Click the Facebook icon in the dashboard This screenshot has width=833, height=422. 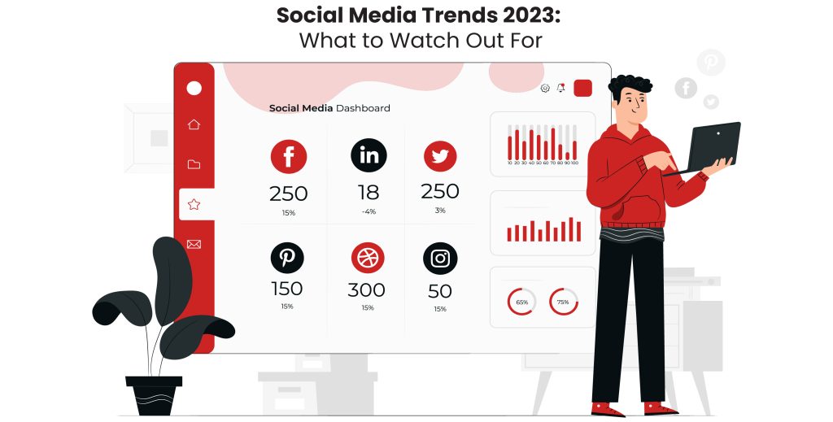[x=288, y=156]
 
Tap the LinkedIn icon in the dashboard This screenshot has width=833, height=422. [x=369, y=155]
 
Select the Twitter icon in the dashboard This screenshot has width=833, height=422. [x=440, y=156]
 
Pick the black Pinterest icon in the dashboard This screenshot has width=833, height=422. [x=287, y=258]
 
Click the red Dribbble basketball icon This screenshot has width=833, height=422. [x=368, y=258]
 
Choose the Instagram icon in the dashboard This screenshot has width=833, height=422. [x=440, y=258]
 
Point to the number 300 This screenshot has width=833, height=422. [x=367, y=290]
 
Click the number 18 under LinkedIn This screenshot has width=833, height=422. [x=369, y=193]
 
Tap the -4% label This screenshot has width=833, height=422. [x=369, y=212]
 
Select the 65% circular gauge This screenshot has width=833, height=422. [x=521, y=302]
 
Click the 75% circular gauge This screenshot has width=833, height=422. [x=563, y=302]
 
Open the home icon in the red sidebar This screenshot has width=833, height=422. [x=194, y=124]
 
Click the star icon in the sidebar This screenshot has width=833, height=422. [x=194, y=204]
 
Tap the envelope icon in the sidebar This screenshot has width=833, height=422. [x=194, y=244]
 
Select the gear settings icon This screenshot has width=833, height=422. [x=545, y=88]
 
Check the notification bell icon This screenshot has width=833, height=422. [x=560, y=88]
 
